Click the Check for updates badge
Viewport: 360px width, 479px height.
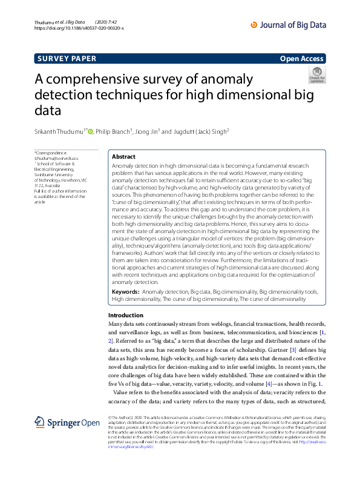[317, 75]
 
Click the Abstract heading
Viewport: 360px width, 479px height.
[124, 156]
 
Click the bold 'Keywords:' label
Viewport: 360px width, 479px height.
[126, 292]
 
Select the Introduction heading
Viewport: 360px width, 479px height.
[125, 315]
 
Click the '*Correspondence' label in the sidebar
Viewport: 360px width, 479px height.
[51, 153]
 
